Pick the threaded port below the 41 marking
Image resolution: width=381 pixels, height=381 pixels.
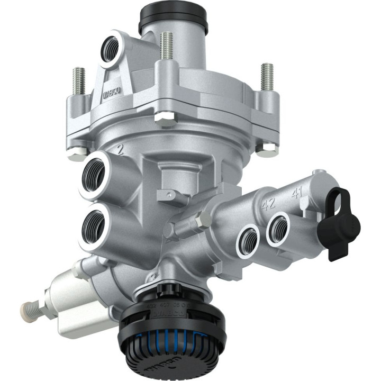click(278, 228)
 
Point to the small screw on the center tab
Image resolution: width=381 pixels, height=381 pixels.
click(169, 195)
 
